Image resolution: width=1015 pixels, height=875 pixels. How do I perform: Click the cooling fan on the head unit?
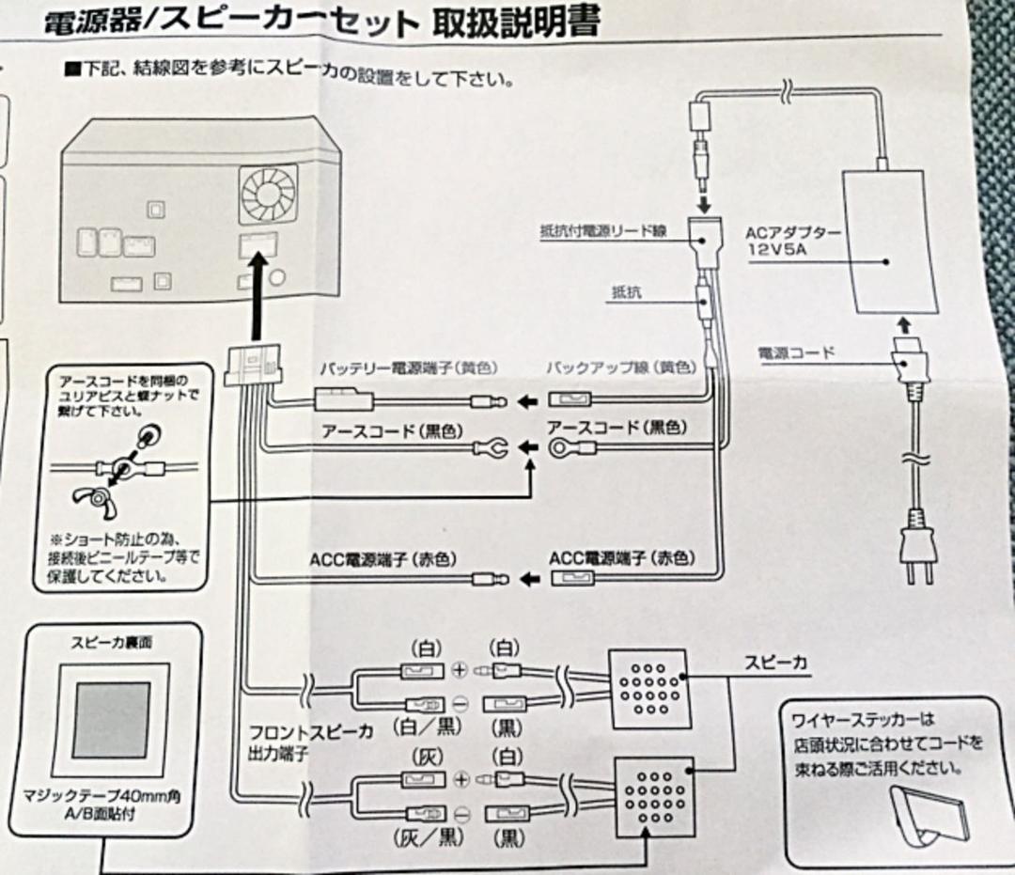tap(268, 194)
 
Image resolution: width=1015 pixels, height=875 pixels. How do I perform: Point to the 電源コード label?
tap(796, 353)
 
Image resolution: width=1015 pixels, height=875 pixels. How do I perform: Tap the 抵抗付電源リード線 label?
tap(603, 229)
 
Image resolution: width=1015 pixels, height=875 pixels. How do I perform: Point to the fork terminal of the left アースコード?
tap(495, 449)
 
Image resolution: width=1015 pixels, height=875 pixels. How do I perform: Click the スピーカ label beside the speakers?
tap(776, 662)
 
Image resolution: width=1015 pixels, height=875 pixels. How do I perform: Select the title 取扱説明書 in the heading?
tap(515, 21)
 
